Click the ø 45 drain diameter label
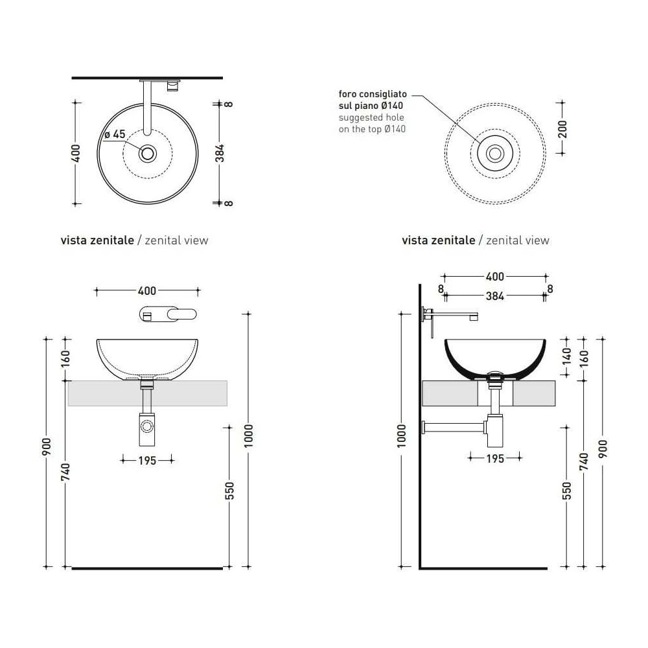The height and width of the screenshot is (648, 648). pyautogui.click(x=115, y=134)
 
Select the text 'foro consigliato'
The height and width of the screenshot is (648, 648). pyautogui.click(x=373, y=94)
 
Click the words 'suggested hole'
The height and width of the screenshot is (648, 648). pyautogui.click(x=371, y=117)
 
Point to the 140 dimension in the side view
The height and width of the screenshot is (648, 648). pyautogui.click(x=566, y=356)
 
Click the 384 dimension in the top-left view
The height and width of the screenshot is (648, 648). pyautogui.click(x=220, y=153)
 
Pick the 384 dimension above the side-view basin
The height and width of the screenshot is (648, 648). pyautogui.click(x=494, y=296)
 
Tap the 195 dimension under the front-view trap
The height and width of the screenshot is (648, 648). pyautogui.click(x=147, y=460)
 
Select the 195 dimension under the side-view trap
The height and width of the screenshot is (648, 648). pyautogui.click(x=495, y=458)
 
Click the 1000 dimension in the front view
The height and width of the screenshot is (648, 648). pyautogui.click(x=248, y=435)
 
